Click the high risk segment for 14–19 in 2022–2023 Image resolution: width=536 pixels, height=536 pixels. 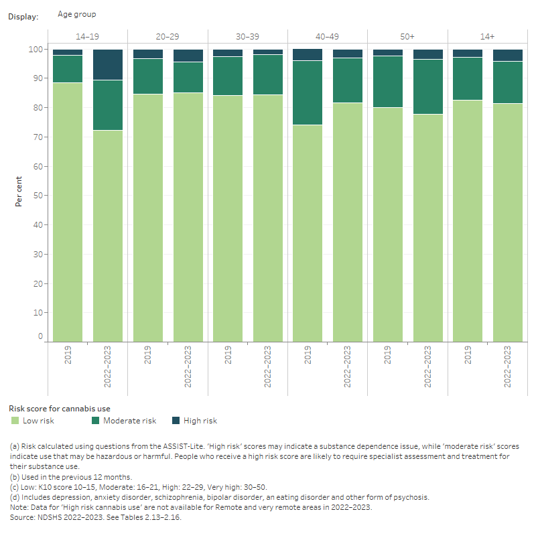point(108,64)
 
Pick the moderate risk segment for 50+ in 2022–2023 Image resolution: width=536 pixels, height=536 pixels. point(427,86)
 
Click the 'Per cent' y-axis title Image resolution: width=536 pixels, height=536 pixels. point(19,192)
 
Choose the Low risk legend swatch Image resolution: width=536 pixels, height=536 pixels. point(14,421)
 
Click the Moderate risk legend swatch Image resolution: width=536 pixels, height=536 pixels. point(96,421)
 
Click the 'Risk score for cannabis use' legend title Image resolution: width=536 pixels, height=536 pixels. point(59,408)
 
